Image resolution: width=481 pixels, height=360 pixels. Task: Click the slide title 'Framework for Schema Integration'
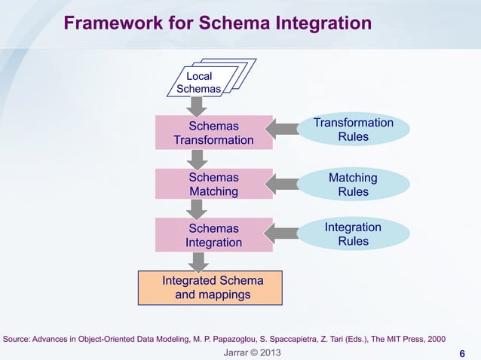point(217,24)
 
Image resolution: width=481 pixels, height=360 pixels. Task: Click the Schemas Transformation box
point(213,133)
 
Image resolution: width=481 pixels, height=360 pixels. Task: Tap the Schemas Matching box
point(213,185)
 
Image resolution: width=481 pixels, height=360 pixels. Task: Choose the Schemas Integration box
point(213,235)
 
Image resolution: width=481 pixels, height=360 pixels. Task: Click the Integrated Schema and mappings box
point(210,288)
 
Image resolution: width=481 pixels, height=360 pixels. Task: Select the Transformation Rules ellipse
point(353,130)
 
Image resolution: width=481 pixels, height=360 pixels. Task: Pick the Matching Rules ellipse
point(353,185)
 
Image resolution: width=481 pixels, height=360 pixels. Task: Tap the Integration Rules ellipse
point(353,234)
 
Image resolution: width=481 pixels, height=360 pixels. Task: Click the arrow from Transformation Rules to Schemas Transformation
point(285,130)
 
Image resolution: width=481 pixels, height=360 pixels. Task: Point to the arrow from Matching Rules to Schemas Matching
point(285,183)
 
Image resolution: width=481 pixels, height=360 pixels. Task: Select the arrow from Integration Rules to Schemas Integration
point(285,234)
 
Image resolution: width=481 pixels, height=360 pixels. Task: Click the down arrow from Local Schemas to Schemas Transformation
point(197,106)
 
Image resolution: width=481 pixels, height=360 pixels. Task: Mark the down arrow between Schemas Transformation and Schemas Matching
point(197,159)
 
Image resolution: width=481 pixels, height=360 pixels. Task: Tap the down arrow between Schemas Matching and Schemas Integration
point(197,209)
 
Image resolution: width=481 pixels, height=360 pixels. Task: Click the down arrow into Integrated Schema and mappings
point(198,261)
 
